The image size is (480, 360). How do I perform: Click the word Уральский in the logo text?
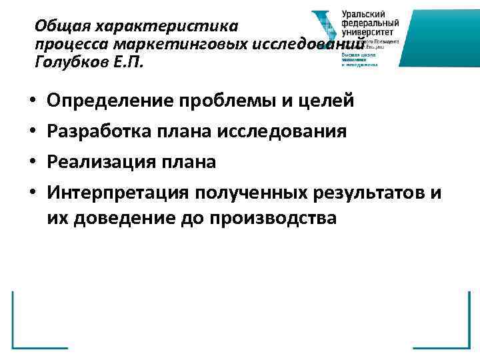coord(363,14)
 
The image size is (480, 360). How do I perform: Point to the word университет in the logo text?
coord(367,31)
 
